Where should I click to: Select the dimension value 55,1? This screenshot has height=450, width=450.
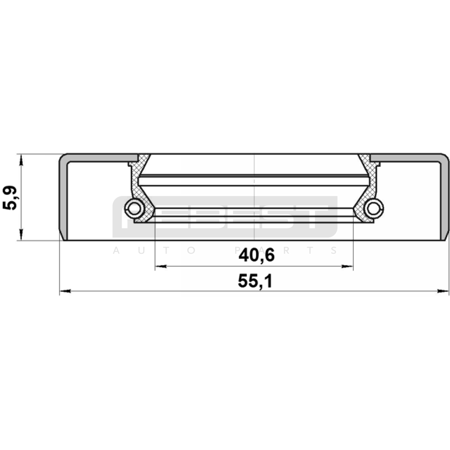(255, 281)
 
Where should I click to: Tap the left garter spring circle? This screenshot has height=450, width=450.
(134, 208)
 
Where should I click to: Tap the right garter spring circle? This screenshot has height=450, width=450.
(373, 208)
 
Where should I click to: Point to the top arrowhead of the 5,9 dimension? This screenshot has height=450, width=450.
(21, 161)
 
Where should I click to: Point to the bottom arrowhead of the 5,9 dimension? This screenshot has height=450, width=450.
(21, 234)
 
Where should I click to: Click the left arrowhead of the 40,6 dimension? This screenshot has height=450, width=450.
(161, 266)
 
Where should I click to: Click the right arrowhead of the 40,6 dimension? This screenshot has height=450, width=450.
(347, 266)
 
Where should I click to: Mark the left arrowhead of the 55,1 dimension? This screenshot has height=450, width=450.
(65, 291)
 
